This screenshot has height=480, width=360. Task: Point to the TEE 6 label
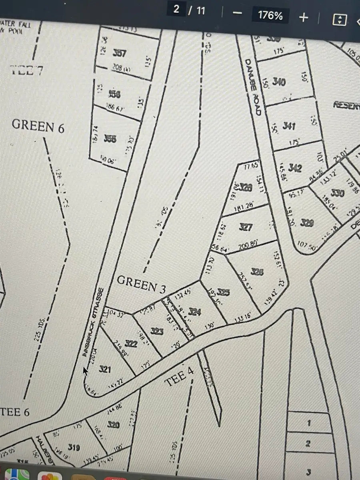coord(15,412)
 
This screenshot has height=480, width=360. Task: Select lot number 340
coord(279,82)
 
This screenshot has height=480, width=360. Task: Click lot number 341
coord(289,126)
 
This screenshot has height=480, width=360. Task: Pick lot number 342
coord(295,168)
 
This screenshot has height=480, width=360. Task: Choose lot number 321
coord(104,369)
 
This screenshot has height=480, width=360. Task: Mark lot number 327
coord(246,227)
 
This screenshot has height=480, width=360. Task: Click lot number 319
coord(74,447)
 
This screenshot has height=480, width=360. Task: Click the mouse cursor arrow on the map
coord(85,371)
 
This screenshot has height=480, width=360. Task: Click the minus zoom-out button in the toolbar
coord(238,13)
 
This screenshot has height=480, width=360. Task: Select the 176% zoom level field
coord(270,15)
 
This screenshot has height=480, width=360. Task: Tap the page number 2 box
coord(176,10)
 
